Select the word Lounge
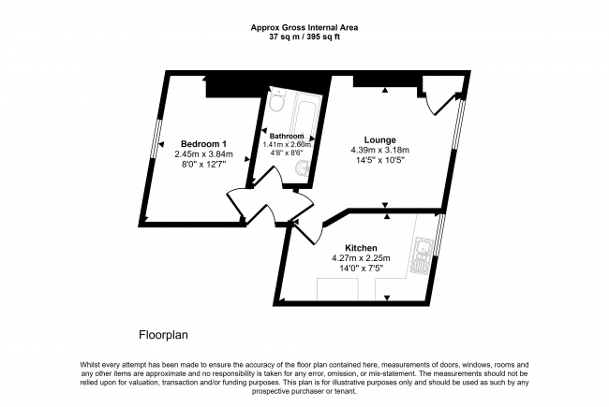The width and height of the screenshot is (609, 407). click(x=379, y=139)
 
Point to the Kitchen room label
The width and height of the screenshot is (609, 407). click(x=360, y=248)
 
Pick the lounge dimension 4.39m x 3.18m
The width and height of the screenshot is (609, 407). click(x=379, y=151)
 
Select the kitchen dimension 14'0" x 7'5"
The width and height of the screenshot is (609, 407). click(x=361, y=269)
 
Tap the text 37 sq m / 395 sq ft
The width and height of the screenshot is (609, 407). click(x=304, y=37)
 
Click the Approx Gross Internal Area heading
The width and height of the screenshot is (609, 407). click(x=304, y=27)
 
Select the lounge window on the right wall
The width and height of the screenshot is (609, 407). click(x=457, y=122)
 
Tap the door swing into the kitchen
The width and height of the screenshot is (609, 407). click(x=305, y=225)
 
